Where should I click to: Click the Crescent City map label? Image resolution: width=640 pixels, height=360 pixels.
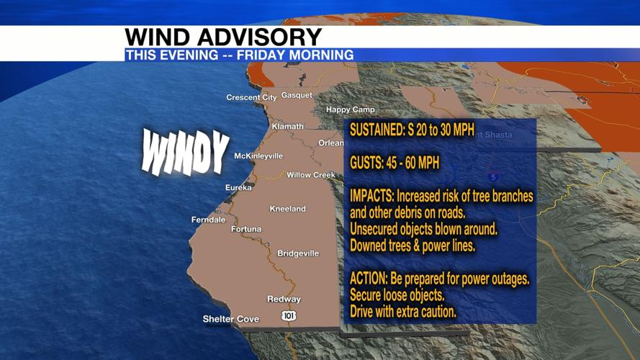(251, 97)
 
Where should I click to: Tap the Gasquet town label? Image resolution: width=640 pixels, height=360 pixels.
(297, 95)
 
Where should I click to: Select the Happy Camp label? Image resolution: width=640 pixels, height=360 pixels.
(351, 109)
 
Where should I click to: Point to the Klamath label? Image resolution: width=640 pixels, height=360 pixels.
(287, 126)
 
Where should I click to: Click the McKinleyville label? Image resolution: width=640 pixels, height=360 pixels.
(258, 156)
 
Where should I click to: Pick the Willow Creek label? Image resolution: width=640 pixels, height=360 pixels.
(311, 175)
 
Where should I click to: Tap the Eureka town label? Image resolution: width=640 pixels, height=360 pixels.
(238, 187)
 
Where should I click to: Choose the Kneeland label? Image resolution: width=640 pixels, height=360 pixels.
(287, 209)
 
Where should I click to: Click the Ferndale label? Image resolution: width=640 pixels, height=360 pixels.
(208, 220)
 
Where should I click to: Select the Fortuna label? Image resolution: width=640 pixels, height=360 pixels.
(246, 229)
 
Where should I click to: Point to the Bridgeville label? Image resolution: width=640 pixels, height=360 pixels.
(298, 253)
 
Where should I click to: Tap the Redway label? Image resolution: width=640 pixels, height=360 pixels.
(284, 299)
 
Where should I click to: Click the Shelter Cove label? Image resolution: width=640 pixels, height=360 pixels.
(230, 319)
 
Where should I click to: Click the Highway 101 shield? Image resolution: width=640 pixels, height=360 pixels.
(289, 315)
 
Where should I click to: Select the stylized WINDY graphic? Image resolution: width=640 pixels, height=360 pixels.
(185, 152)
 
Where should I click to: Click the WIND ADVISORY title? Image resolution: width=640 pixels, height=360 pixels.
(223, 37)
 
